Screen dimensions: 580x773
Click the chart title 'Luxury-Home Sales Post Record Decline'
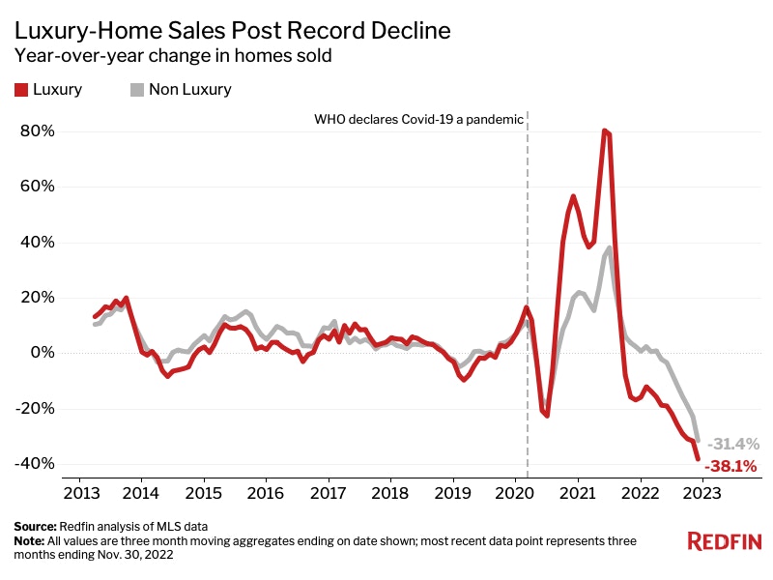coord(232,30)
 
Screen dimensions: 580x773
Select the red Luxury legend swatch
coord(20,90)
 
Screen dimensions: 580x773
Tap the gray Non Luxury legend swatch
coord(136,90)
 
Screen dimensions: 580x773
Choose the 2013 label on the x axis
coord(78,492)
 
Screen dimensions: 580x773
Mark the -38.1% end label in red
coord(730,466)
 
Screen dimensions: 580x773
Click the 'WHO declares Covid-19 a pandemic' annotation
coord(418,120)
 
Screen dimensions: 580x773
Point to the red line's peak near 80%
coord(605,130)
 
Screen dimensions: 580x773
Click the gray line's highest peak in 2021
coord(610,247)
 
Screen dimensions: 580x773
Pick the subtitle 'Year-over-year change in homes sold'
coord(174,56)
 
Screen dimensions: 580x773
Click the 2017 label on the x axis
coord(328,492)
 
